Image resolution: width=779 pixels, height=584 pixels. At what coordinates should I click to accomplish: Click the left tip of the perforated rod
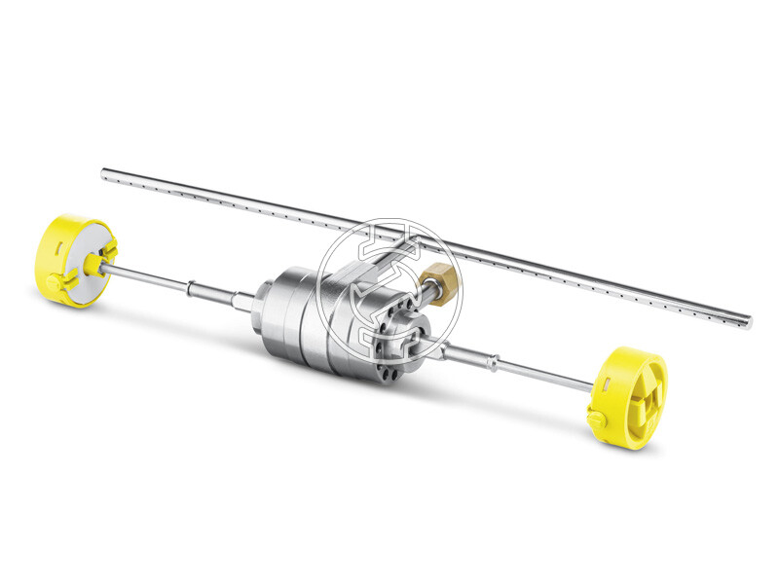tap(105, 174)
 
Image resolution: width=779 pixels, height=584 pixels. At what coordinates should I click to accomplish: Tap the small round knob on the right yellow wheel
tap(595, 416)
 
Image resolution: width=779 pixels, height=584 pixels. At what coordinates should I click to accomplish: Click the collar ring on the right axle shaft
tap(497, 363)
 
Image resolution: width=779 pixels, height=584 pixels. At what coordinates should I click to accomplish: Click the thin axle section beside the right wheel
tap(545, 375)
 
